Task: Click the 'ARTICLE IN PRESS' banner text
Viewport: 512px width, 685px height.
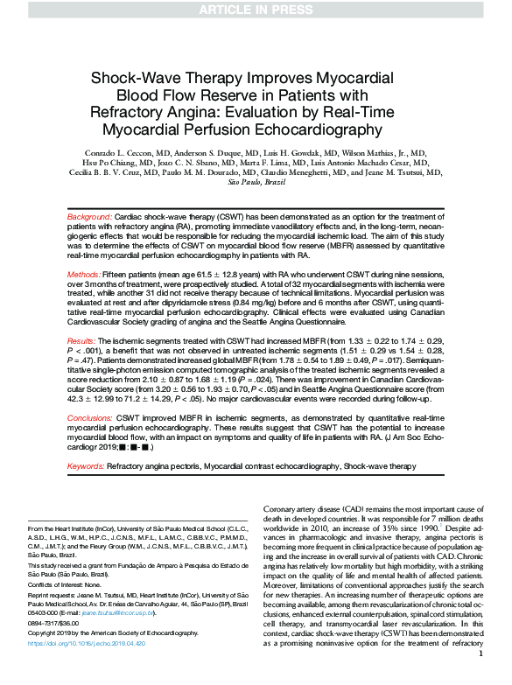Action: pos(256,10)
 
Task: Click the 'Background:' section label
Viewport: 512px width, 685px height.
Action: pos(90,215)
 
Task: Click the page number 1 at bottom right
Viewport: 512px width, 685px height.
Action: pos(481,676)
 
